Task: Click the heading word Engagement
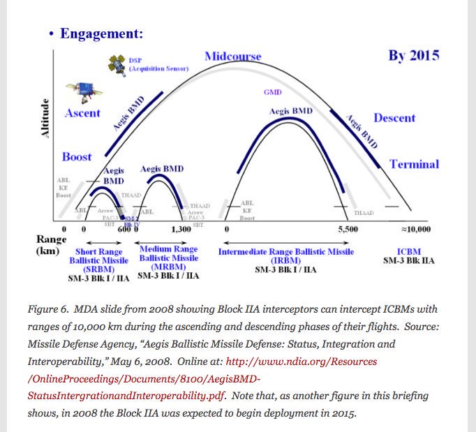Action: point(101,33)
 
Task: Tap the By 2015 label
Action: point(413,56)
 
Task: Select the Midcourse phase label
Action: point(232,56)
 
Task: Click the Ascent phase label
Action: point(82,113)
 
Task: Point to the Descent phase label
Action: point(394,118)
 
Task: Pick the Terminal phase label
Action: point(414,164)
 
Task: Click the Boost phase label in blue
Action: point(77,156)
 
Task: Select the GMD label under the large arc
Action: point(272,92)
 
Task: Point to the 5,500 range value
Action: point(347,229)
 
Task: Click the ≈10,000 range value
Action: point(415,229)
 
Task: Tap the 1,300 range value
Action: point(181,229)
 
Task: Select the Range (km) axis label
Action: point(51,244)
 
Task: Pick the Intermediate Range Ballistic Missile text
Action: point(285,252)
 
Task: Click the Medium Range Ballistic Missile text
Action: point(168,258)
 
